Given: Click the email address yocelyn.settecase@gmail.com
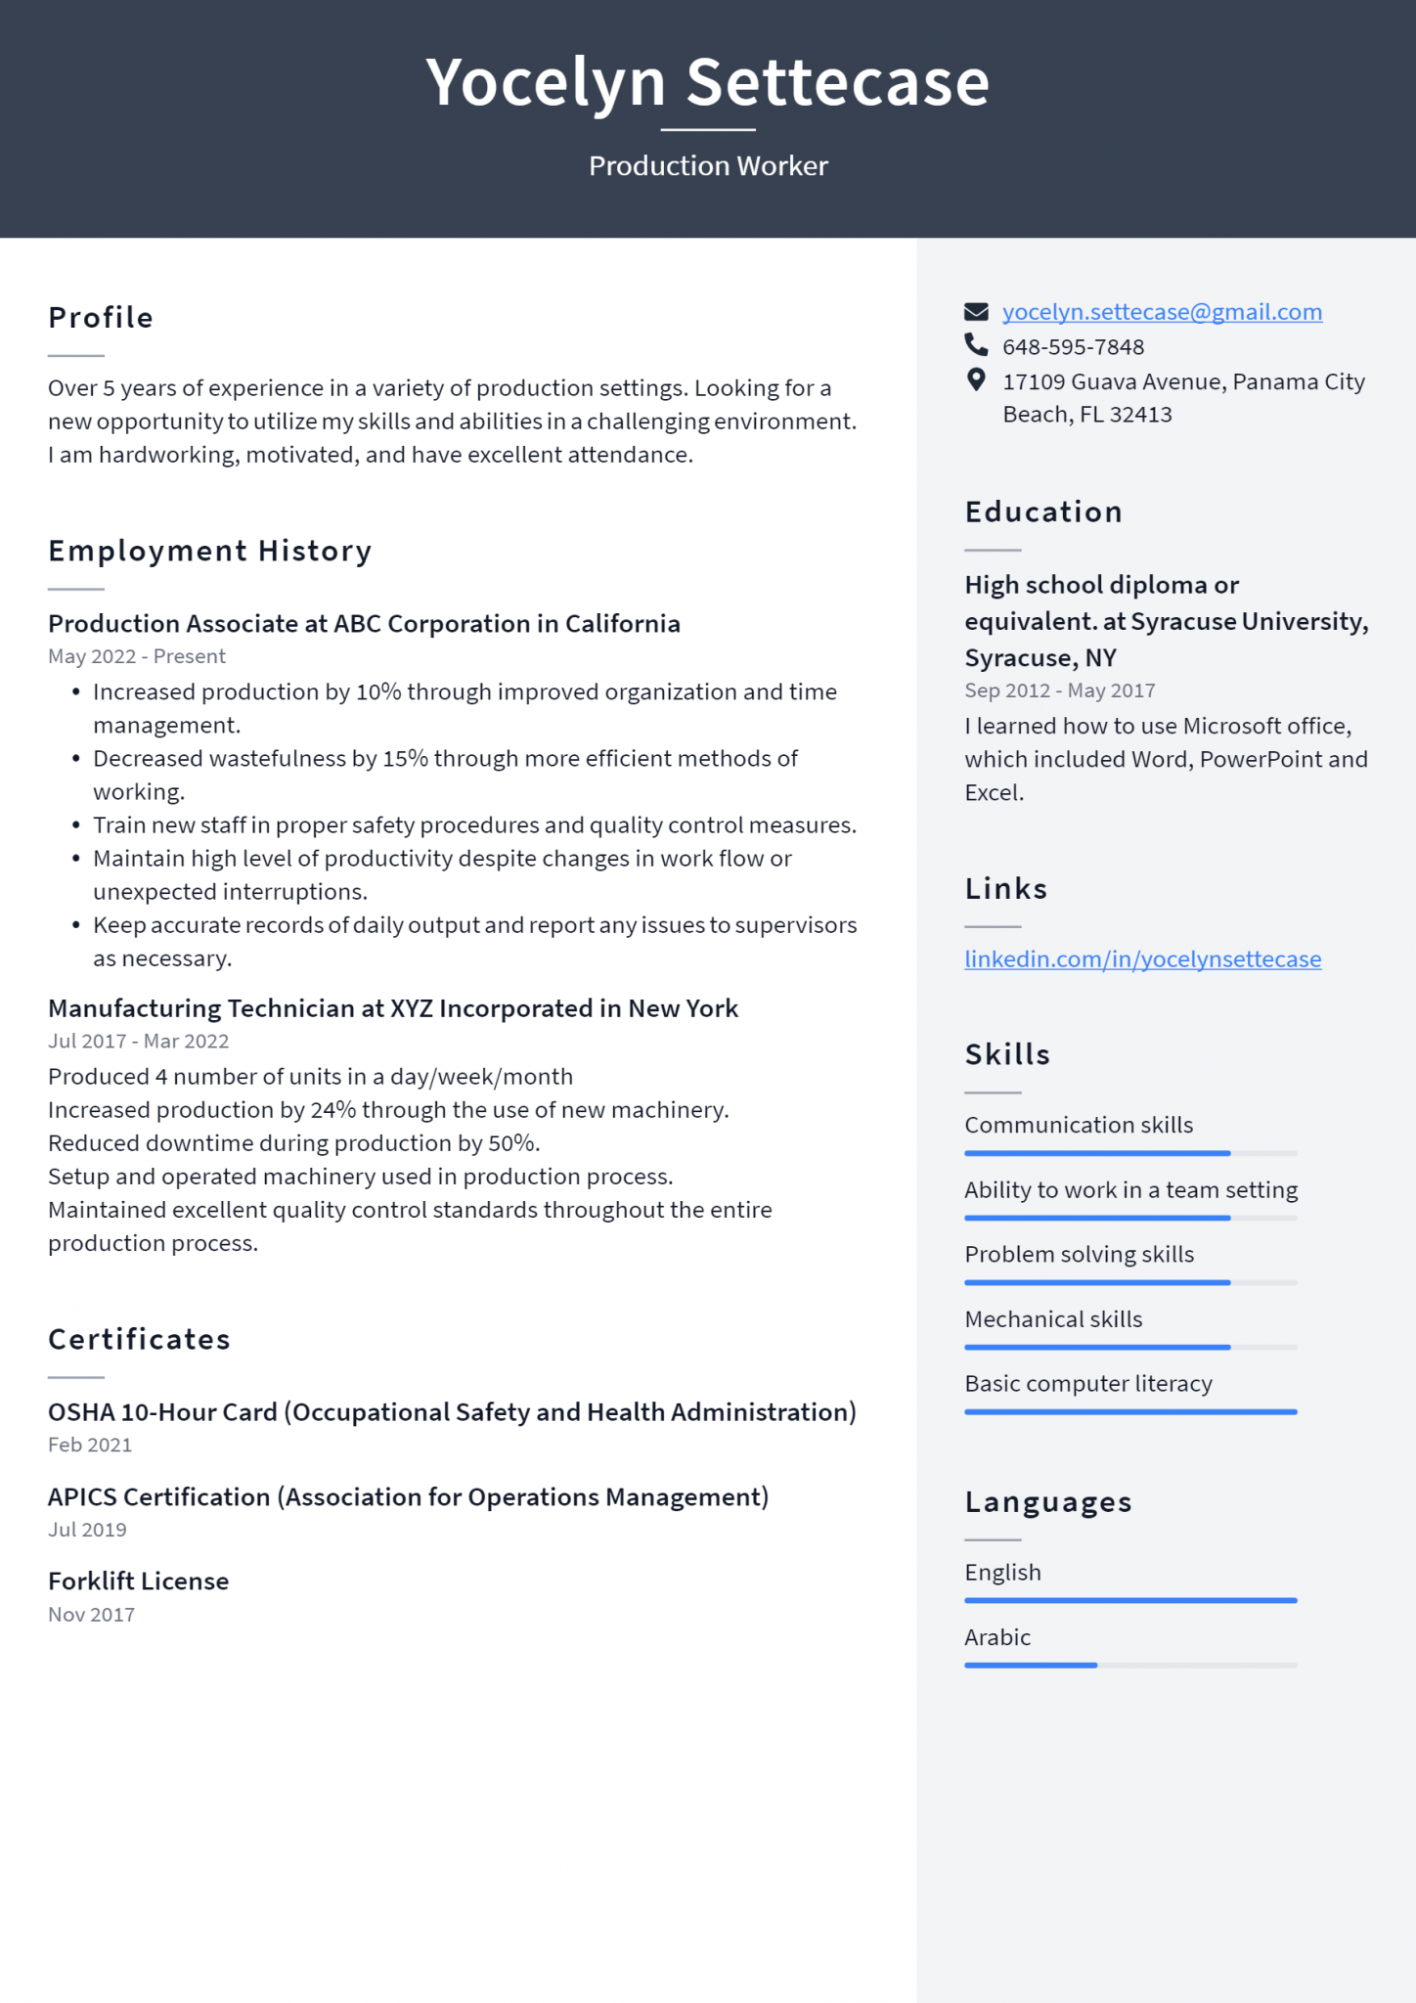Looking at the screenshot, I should [x=1162, y=312].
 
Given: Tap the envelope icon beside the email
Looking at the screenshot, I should [x=976, y=312].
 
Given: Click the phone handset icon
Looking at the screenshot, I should [x=976, y=344].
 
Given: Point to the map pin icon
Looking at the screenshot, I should [x=976, y=379].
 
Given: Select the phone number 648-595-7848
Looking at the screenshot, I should [x=1073, y=347].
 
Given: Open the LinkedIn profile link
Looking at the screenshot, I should [x=1142, y=959].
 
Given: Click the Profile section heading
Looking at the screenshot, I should [x=101, y=318].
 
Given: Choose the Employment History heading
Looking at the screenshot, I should [x=210, y=552].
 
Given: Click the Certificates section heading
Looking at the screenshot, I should [x=139, y=1339].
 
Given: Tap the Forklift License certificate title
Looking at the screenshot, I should [x=138, y=1581].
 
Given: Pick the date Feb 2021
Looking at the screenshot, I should [x=90, y=1446].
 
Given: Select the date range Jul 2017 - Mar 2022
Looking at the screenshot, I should [x=138, y=1042].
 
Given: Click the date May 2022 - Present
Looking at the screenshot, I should [x=137, y=656].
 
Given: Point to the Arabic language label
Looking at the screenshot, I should [x=997, y=1637].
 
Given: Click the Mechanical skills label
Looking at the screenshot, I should [x=1053, y=1319].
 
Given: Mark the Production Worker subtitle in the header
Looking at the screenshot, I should [x=708, y=166].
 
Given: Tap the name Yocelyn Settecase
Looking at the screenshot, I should [x=708, y=82].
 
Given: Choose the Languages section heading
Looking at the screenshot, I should [x=1048, y=1502].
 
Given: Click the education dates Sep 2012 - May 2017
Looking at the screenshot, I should [x=1060, y=690].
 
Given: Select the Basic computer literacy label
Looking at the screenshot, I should [x=1088, y=1384].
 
